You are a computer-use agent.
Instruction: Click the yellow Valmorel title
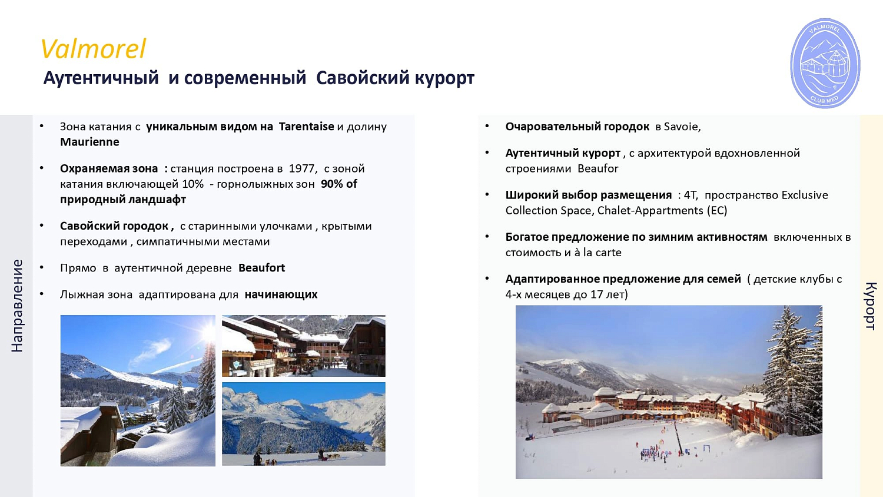93,49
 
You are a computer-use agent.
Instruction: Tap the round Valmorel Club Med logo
825,63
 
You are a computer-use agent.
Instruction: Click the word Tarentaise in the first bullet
306,127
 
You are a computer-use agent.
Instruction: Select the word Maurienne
89,142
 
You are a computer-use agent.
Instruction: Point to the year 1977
302,168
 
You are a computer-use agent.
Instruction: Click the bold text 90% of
339,184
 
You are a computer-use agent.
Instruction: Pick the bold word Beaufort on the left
261,268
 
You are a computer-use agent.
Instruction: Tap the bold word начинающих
281,294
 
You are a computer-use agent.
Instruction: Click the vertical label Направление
17,306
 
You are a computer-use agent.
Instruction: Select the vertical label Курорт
871,306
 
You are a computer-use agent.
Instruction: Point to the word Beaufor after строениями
597,168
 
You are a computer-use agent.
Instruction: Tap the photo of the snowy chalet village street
303,346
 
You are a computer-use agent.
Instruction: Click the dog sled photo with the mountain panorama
303,424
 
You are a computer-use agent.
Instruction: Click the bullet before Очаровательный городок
487,126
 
